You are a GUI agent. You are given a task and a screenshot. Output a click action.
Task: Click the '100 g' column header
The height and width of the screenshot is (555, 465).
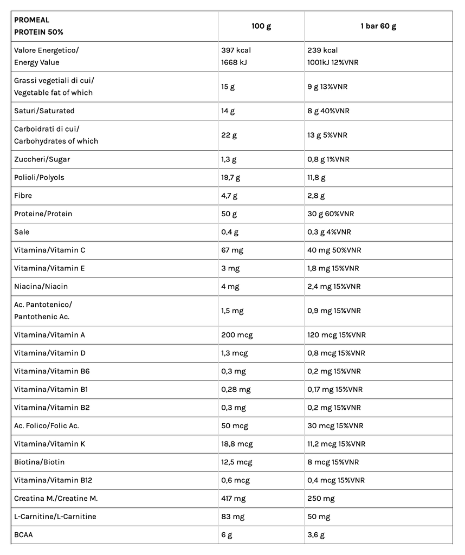pos(261,26)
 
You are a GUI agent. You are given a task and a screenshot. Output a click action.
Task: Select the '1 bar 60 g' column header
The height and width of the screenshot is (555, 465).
pos(378,26)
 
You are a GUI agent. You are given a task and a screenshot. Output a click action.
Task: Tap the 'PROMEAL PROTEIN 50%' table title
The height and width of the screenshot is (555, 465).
pos(38,26)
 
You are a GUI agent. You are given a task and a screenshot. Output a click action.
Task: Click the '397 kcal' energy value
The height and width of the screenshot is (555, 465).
pos(236,50)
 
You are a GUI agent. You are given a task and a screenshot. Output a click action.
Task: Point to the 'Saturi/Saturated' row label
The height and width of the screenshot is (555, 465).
pos(44,111)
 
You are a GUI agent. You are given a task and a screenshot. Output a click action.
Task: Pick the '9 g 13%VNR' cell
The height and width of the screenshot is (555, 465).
pos(327,86)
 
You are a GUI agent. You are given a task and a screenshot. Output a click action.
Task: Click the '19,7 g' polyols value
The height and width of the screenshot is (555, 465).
pos(231,177)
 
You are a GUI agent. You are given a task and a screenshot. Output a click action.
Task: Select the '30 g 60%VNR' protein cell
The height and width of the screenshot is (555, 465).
pos(331,214)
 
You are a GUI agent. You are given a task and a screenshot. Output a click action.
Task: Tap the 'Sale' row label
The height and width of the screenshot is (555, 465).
pos(22,232)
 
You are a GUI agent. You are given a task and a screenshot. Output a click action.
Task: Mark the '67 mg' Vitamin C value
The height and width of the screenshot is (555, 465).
pos(232,250)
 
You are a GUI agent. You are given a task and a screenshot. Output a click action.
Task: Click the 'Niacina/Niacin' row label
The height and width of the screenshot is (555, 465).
pos(41,286)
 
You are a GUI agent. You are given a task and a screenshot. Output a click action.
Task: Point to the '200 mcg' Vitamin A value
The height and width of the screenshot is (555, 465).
pos(237,335)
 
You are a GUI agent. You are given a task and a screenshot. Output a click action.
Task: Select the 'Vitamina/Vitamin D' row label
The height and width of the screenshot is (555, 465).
pos(50,353)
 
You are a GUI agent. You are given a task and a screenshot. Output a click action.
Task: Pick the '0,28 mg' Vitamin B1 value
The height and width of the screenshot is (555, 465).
pos(236,389)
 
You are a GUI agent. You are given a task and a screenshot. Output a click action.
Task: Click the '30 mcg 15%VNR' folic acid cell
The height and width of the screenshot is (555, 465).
pos(335,425)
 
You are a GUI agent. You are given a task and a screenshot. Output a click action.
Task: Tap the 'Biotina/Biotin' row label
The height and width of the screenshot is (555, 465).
pos(40,462)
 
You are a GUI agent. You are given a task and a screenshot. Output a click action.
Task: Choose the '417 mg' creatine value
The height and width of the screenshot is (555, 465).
pos(234,498)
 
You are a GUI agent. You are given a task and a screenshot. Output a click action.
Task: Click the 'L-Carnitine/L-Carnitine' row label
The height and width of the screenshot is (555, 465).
pos(55,517)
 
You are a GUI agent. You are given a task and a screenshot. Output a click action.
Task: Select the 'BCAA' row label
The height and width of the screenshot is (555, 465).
pos(24,535)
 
